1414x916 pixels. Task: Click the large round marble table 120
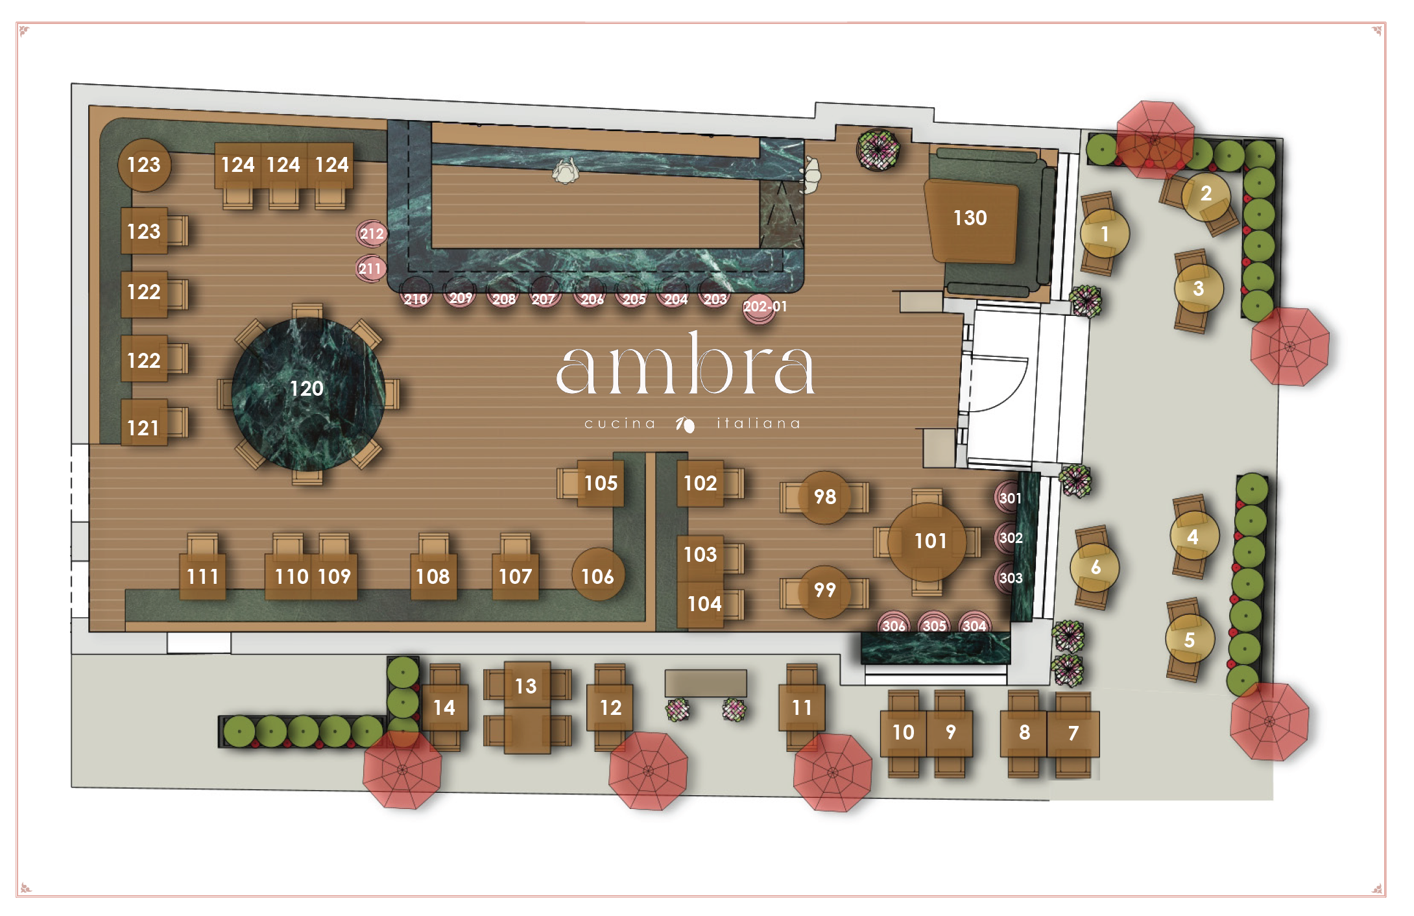[307, 393]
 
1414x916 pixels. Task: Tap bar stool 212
[372, 234]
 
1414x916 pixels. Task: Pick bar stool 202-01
[761, 307]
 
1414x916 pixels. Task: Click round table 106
[597, 575]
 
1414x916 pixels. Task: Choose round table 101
[927, 542]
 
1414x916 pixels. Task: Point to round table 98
[824, 497]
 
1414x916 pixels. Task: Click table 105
[600, 483]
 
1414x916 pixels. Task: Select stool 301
[1009, 498]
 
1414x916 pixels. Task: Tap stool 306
[893, 624]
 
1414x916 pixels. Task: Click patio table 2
[1206, 195]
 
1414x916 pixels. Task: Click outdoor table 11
[802, 707]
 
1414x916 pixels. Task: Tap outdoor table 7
[1073, 733]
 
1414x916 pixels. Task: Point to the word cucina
[619, 424]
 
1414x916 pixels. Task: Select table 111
[202, 576]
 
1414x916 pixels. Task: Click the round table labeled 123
[144, 165]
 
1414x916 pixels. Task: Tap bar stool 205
[633, 298]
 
